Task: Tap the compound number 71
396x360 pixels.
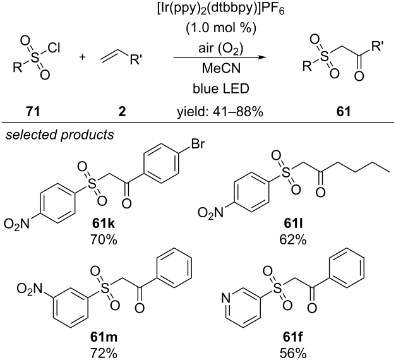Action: (x=33, y=111)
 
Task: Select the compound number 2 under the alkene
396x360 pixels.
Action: (x=122, y=111)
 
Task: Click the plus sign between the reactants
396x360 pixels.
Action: (x=82, y=57)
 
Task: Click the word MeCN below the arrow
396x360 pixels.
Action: (x=221, y=68)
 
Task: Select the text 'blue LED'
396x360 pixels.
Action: (x=221, y=88)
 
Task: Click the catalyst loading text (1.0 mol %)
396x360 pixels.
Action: (x=221, y=28)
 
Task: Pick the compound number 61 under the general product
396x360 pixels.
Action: (x=344, y=111)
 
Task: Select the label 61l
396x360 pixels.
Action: (x=293, y=224)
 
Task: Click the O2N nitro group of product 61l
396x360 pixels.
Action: (x=210, y=213)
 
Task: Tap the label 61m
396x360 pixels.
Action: (x=104, y=337)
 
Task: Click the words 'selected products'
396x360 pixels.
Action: (x=59, y=135)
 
